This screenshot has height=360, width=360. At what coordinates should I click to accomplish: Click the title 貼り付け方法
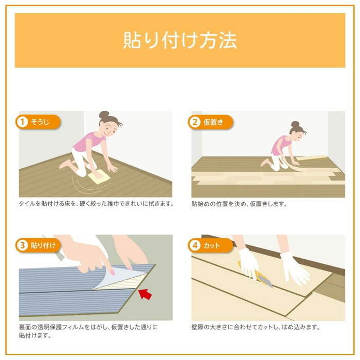coord(179,41)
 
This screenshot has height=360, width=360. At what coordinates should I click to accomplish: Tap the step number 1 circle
coord(22,122)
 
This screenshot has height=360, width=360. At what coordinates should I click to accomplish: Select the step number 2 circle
coord(195,122)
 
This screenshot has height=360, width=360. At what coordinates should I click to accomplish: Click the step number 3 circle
coord(22,245)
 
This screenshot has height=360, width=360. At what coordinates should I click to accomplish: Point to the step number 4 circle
coord(195,245)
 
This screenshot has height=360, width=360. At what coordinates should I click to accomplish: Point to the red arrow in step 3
coord(146,294)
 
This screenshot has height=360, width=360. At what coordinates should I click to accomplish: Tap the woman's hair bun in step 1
coord(104,114)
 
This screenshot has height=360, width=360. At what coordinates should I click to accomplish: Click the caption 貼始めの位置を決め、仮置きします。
coord(239,204)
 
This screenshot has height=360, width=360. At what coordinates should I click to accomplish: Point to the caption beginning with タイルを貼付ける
coord(96,204)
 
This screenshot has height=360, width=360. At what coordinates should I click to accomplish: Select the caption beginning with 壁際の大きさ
coord(256,327)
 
